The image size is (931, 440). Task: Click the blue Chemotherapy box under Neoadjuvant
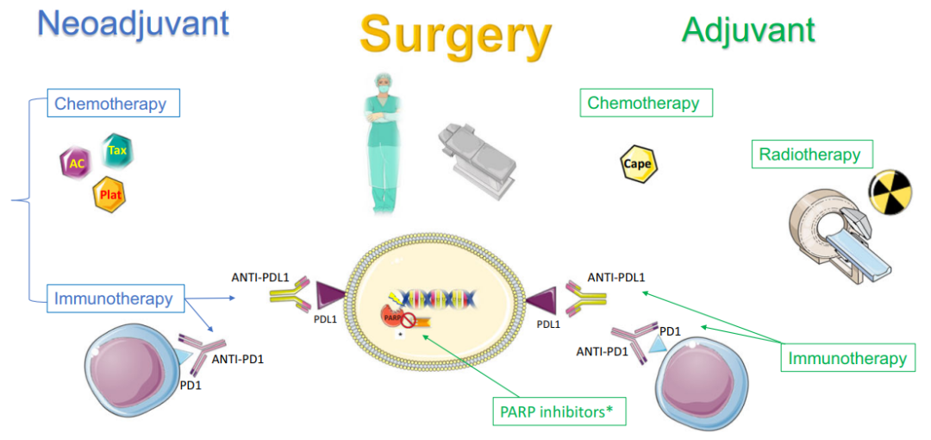click(113, 104)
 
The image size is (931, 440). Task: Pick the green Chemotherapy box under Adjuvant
click(646, 104)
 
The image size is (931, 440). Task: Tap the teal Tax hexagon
click(117, 151)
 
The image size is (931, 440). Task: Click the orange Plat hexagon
click(111, 193)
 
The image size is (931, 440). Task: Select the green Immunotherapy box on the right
click(847, 358)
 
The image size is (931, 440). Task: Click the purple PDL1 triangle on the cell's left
click(329, 296)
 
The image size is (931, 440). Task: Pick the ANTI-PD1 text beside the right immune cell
click(602, 351)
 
